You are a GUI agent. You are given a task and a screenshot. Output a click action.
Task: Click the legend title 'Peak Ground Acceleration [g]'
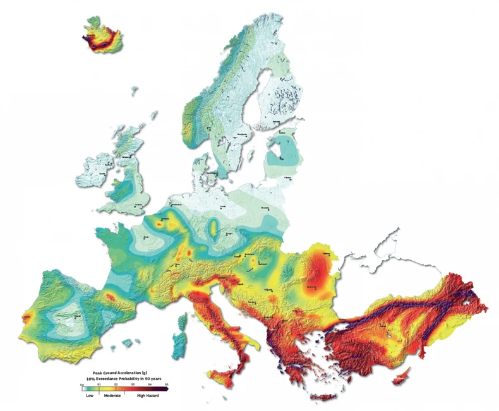coord(120,373)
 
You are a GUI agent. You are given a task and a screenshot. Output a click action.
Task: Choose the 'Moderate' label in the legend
coord(112,395)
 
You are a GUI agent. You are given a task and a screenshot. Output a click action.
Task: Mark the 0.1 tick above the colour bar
coord(99,383)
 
